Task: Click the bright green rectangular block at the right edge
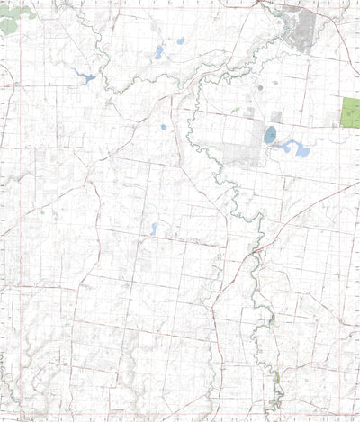[x=351, y=112]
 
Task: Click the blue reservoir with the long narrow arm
[x=87, y=77]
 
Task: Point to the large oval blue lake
[x=270, y=135]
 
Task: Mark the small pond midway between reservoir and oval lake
[x=164, y=127]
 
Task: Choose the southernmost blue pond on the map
[x=153, y=229]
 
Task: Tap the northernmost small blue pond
[x=180, y=40]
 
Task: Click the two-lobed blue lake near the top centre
[x=158, y=53]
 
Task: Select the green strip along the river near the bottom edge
[x=277, y=379]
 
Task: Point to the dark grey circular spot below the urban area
[x=260, y=88]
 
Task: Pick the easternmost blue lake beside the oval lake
[x=301, y=150]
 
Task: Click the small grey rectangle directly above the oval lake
[x=276, y=116]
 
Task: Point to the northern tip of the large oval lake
[x=271, y=127]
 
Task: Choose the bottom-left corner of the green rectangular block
[x=343, y=127]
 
